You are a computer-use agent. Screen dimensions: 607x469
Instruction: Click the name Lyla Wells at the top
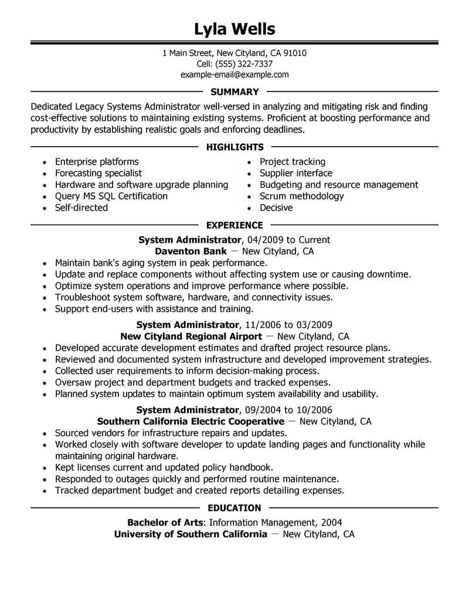pos(235,28)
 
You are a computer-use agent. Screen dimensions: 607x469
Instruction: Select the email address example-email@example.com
pos(235,74)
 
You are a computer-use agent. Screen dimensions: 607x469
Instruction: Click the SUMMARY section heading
pos(235,91)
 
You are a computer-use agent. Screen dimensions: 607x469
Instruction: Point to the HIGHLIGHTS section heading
pos(235,147)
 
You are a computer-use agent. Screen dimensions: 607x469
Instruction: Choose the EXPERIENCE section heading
pos(235,225)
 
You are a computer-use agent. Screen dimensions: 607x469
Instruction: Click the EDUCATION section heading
pos(235,507)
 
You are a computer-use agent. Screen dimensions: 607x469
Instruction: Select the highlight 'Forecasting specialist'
pos(98,173)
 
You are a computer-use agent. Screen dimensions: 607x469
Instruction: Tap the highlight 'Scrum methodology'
pos(301,196)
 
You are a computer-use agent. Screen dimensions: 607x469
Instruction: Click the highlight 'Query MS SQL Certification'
pos(111,196)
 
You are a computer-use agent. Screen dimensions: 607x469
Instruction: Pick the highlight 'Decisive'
pos(276,208)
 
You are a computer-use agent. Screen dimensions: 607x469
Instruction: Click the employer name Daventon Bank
pos(191,251)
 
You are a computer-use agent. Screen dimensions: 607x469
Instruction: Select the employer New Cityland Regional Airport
pos(191,336)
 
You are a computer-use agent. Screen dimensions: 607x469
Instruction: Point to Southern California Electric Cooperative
pos(191,421)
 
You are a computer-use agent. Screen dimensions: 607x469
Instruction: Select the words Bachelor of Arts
pos(165,522)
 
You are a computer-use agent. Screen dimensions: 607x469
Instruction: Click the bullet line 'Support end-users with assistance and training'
pos(154,308)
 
